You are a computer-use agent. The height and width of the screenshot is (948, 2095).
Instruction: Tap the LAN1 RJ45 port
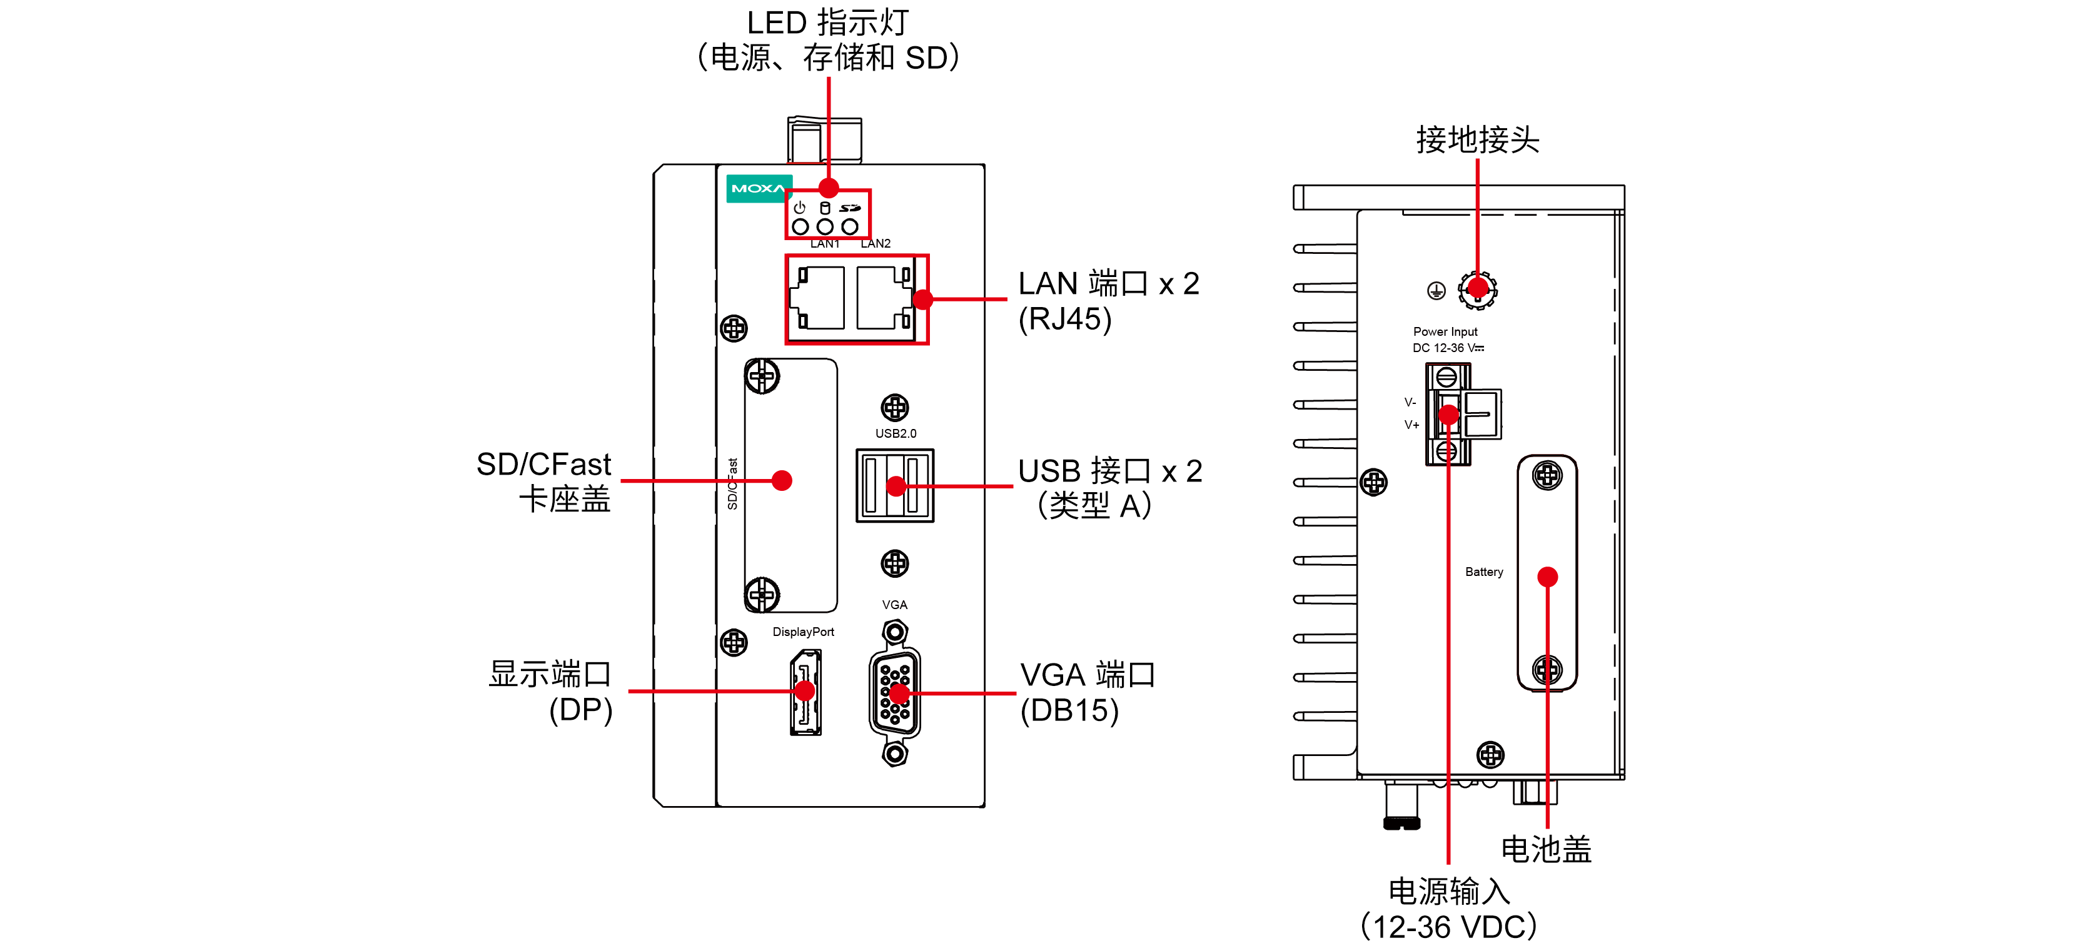coord(820,298)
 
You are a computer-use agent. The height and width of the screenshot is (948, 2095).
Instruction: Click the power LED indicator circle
coord(800,227)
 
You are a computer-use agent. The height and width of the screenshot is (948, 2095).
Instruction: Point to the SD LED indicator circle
coord(850,227)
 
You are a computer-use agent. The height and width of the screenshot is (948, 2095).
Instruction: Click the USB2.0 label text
coord(896,433)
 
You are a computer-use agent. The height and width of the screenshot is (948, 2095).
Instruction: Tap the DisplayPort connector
coord(805,692)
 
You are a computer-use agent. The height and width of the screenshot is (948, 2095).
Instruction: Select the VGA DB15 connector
coord(895,693)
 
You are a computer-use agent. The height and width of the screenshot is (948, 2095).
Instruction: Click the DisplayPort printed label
coord(803,632)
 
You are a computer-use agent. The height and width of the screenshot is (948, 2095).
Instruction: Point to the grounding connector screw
coord(1477,290)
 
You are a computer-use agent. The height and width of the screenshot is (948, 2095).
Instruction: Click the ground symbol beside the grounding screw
coord(1436,290)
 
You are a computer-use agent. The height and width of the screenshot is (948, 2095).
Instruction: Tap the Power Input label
coord(1445,331)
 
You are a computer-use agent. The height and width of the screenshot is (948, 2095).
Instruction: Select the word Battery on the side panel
coord(1483,572)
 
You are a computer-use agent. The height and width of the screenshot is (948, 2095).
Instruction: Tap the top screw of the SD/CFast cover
coord(762,376)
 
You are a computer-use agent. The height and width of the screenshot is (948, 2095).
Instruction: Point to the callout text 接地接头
coord(1477,140)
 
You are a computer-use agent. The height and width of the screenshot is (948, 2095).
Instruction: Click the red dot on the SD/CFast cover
coord(782,480)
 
